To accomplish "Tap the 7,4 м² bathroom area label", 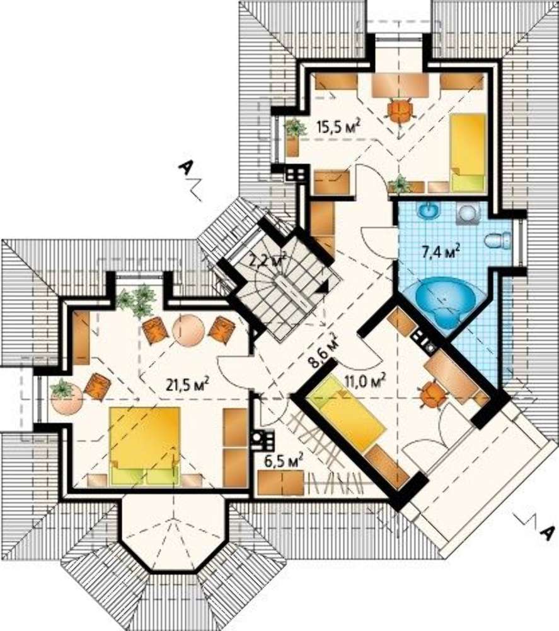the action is pyautogui.click(x=441, y=252).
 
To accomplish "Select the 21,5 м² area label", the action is pyautogui.click(x=187, y=384).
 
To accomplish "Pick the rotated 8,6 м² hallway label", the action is pyautogui.click(x=323, y=350).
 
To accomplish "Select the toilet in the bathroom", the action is pyautogui.click(x=497, y=242).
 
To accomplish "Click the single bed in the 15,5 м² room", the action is pyautogui.click(x=468, y=153).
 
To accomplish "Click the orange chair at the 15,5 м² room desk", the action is pyautogui.click(x=400, y=109).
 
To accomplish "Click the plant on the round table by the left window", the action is pyautogui.click(x=62, y=389).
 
